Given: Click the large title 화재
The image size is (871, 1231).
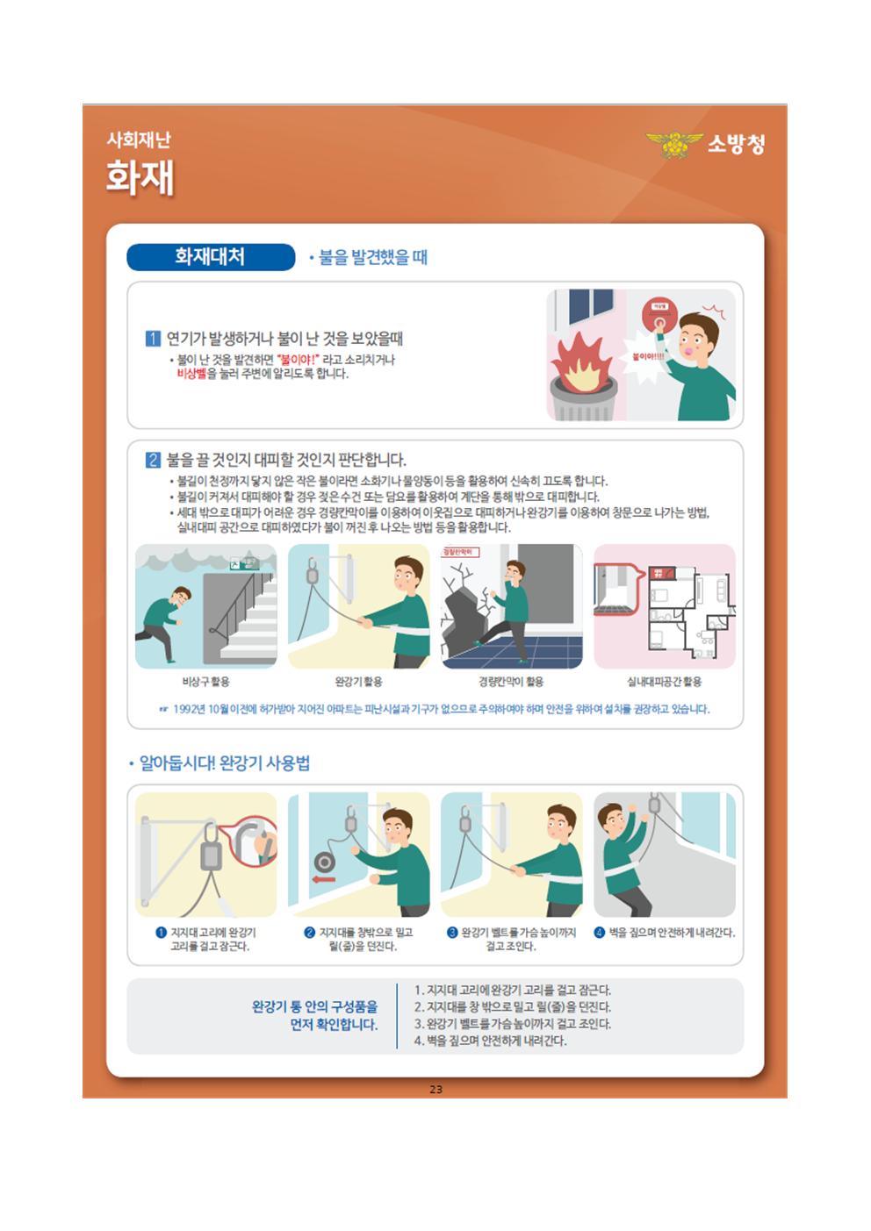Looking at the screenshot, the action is pyautogui.click(x=140, y=177).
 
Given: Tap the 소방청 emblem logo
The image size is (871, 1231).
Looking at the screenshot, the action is pyautogui.click(x=674, y=145).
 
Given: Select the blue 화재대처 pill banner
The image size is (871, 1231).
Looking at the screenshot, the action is pyautogui.click(x=211, y=257).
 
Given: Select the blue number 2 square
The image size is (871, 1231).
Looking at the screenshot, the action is pyautogui.click(x=153, y=460).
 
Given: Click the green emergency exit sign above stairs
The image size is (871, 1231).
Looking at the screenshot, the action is pyautogui.click(x=245, y=563).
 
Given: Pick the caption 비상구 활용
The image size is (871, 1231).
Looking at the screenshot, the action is pyautogui.click(x=205, y=682).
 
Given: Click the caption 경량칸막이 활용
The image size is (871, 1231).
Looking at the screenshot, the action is pyautogui.click(x=511, y=682).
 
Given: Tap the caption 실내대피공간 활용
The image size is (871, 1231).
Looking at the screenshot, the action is pyautogui.click(x=665, y=682).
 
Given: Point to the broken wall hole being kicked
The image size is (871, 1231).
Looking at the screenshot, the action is pyautogui.click(x=463, y=621).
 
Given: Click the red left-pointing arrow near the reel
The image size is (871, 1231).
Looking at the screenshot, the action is pyautogui.click(x=323, y=879).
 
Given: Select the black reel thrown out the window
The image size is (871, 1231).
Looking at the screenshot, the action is pyautogui.click(x=324, y=862).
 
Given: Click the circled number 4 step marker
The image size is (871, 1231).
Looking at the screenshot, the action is pyautogui.click(x=600, y=933).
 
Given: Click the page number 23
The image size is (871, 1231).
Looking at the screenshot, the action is pyautogui.click(x=435, y=1089).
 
